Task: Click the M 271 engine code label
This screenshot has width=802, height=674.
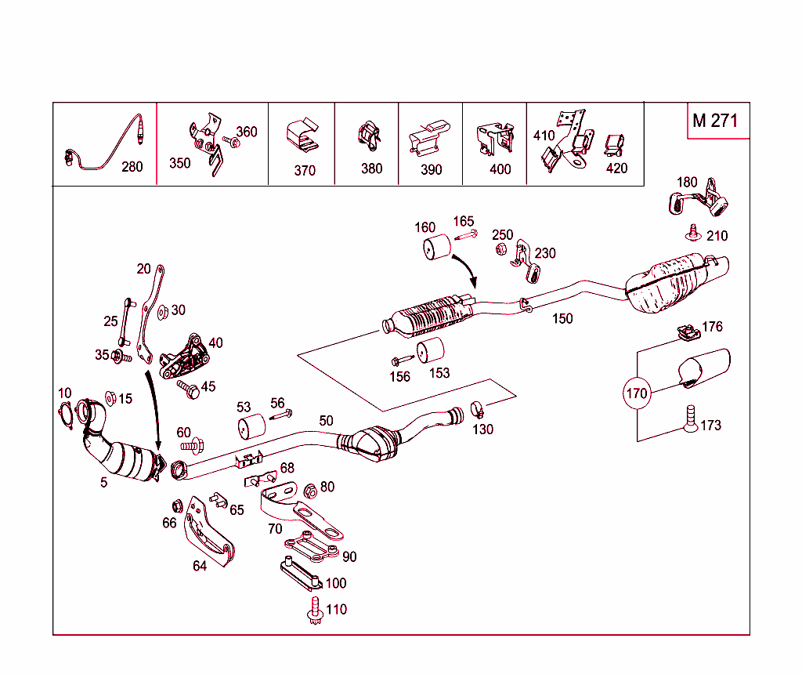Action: (x=714, y=121)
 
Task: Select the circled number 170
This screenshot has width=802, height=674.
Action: (x=637, y=393)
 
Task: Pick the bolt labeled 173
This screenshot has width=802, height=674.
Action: (x=690, y=419)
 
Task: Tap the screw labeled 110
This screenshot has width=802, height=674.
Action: (x=315, y=610)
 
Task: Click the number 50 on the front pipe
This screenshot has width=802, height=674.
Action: (x=326, y=421)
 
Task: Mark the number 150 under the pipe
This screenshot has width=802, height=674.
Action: (x=562, y=318)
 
